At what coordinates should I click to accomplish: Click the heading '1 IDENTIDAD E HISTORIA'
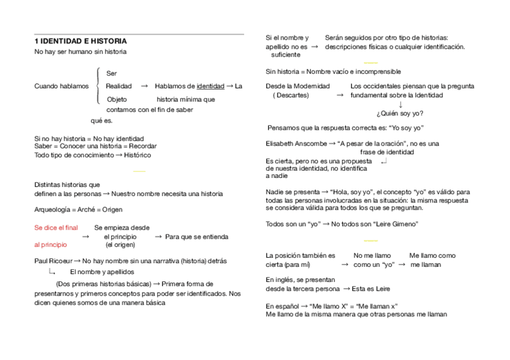[81, 41]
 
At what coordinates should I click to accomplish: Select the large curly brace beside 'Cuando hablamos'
[98, 87]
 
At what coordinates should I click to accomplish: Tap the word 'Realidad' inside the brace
[118, 86]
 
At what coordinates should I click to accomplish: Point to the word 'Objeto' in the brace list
[117, 99]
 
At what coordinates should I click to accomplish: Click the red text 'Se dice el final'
[56, 228]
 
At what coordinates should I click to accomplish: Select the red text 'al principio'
[51, 245]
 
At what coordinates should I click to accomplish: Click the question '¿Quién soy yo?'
[400, 113]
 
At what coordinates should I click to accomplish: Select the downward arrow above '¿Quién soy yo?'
[401, 104]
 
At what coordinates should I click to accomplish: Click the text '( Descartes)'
[290, 95]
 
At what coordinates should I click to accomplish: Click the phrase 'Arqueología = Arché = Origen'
[78, 210]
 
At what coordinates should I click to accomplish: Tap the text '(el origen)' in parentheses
[120, 245]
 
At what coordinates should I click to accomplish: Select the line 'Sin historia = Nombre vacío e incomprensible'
[333, 72]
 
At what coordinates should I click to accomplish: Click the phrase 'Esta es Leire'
[371, 288]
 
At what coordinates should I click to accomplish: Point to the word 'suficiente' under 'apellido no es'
[286, 55]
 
